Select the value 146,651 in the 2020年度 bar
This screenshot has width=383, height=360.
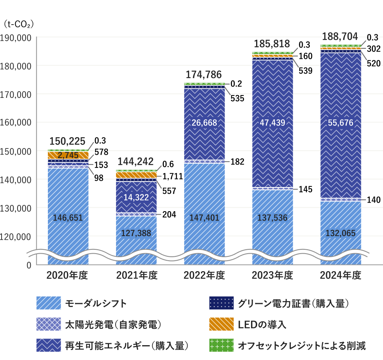click(x=68, y=218)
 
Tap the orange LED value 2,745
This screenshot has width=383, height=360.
click(x=68, y=155)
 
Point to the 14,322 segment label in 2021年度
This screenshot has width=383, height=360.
click(x=136, y=198)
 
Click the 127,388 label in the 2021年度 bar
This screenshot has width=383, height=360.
click(x=136, y=233)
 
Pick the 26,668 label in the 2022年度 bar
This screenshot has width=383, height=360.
click(x=204, y=123)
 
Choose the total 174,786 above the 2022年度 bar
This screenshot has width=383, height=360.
click(x=204, y=74)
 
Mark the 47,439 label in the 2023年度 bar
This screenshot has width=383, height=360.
click(x=272, y=123)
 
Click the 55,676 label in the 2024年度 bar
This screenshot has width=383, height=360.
click(x=341, y=123)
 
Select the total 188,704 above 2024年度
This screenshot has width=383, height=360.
click(x=340, y=36)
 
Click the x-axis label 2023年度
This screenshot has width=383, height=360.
click(x=272, y=276)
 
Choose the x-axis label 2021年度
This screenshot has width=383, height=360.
click(x=137, y=276)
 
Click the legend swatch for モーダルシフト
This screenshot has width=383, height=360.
click(x=48, y=303)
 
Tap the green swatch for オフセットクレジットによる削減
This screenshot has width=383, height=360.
click(x=221, y=345)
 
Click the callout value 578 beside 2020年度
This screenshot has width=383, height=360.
click(x=101, y=152)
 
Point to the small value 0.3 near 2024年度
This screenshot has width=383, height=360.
click(x=372, y=37)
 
